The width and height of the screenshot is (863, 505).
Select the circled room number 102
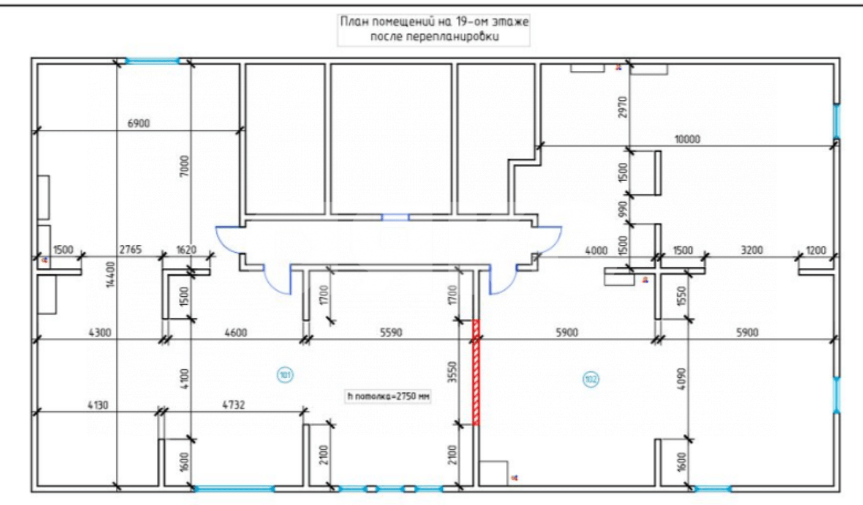(x=590, y=380)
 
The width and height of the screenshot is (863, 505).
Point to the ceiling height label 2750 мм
(x=389, y=397)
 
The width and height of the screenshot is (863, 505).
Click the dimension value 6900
(x=138, y=123)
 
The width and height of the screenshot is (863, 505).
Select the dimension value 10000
(x=687, y=140)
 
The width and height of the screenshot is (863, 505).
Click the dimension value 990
(x=623, y=209)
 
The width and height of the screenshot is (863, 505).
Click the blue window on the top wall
(x=152, y=61)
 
